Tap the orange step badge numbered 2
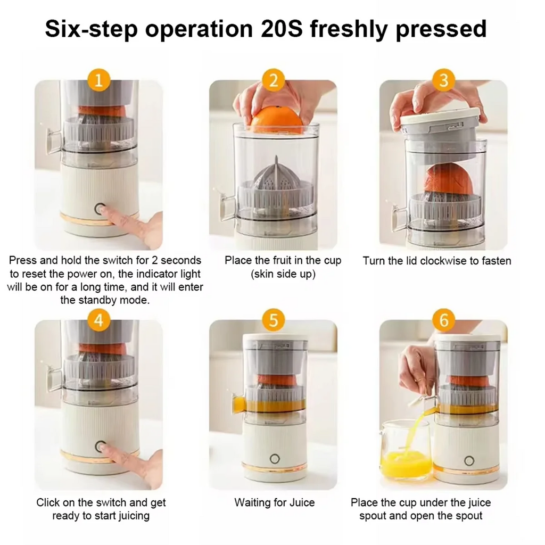tap(274, 81)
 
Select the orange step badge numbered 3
tap(443, 81)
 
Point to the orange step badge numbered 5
tap(274, 321)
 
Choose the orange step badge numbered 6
tap(443, 321)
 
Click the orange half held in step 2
tap(276, 122)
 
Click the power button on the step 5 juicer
tap(275, 459)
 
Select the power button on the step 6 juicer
tap(468, 460)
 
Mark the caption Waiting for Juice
tap(275, 502)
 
